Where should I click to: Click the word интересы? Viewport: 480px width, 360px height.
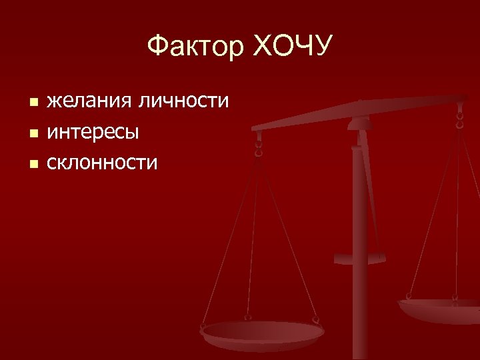(93, 131)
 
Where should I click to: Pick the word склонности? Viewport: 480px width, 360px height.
(102, 161)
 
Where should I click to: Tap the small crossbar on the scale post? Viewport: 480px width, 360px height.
(360, 258)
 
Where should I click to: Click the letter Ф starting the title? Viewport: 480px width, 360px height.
(157, 47)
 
